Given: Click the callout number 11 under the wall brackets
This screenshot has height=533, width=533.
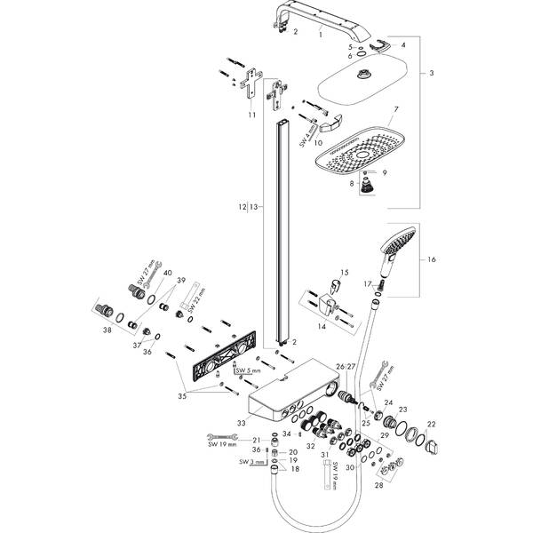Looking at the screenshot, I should [x=252, y=115].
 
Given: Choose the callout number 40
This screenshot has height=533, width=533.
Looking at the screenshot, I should [x=167, y=274].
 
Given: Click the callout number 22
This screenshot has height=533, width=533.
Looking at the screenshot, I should [x=432, y=423].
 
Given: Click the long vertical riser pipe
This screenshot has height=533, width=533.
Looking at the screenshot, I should [x=283, y=231].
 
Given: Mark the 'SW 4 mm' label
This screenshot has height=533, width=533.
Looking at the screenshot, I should [x=304, y=134].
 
